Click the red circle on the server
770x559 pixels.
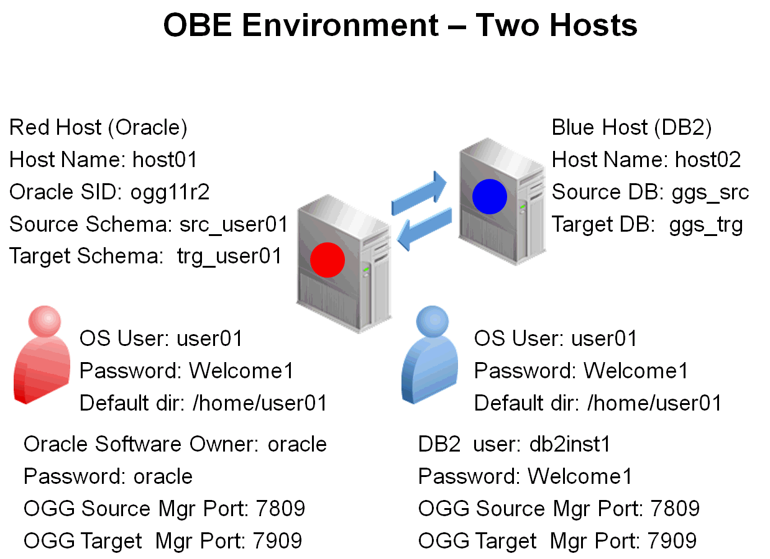point(327,260)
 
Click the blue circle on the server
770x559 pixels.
point(490,196)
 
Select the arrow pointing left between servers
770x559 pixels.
point(425,228)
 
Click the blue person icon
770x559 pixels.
point(429,354)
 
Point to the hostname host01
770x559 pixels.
point(165,160)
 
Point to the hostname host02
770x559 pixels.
point(708,160)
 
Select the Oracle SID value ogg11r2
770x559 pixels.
point(170,192)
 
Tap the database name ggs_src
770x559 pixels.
point(710,192)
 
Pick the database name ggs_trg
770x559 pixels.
point(706,224)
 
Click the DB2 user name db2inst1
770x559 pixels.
point(570,444)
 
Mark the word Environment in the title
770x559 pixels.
point(341,26)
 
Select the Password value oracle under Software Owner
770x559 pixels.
point(163,476)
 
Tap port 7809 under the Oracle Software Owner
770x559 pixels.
point(280,509)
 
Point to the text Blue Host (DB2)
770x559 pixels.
point(631,127)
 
